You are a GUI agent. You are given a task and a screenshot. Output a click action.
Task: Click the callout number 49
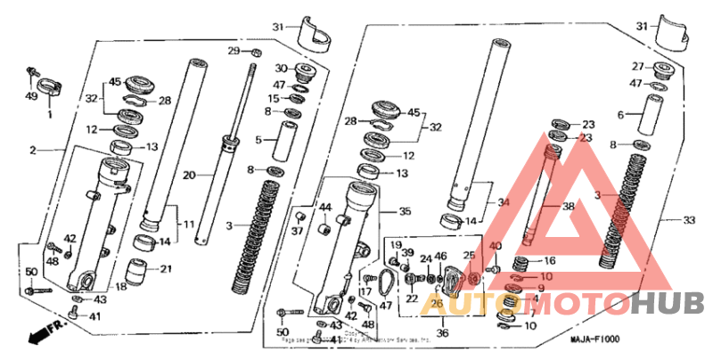tap(32, 96)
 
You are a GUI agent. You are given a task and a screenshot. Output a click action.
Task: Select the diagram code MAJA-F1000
tap(594, 340)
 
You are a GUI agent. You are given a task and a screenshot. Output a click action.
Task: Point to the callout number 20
tap(188, 176)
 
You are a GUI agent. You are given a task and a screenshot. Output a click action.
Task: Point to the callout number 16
tap(550, 261)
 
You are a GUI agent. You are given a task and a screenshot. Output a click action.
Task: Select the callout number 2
tap(33, 151)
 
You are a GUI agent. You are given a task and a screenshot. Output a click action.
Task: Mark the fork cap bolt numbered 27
tap(662, 69)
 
